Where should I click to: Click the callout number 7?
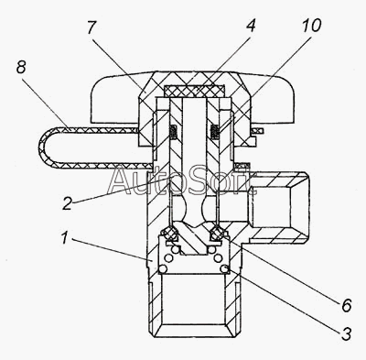91,28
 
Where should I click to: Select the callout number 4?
250,26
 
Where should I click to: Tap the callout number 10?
311,25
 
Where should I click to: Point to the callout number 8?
21,67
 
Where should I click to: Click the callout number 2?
67,203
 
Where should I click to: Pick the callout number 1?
64,238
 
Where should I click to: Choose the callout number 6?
347,305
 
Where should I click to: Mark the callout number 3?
346,333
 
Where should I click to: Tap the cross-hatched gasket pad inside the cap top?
194,90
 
